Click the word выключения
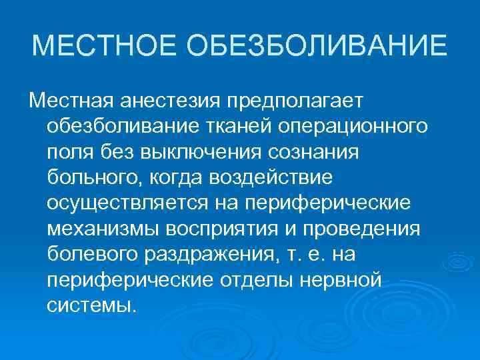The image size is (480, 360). pyautogui.click(x=203, y=153)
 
